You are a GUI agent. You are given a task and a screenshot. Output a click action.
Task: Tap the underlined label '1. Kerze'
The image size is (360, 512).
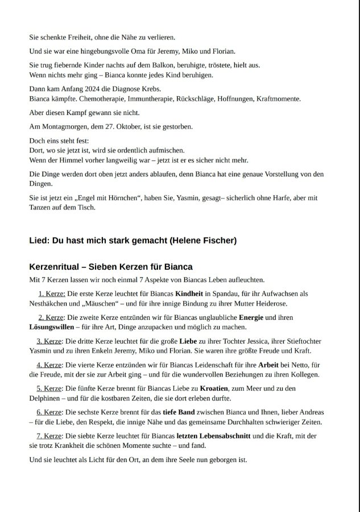[51, 294]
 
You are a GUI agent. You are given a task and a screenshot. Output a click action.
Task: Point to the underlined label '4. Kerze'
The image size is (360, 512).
[49, 365]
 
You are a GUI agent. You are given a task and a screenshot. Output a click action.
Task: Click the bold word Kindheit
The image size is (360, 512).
[189, 294]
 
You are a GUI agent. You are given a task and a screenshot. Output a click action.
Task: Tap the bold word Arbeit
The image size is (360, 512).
[268, 365]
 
